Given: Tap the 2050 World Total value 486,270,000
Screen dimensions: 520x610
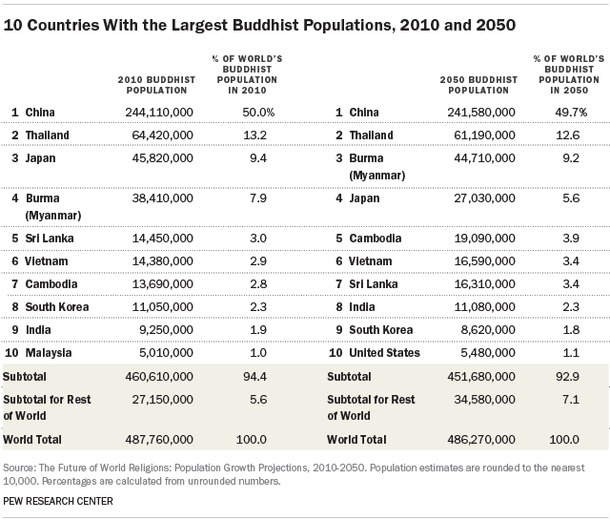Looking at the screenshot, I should click(x=481, y=440).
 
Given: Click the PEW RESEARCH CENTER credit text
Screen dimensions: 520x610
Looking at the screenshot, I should click(x=58, y=501).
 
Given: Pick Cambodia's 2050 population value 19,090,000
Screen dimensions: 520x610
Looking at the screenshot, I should click(x=481, y=237).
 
